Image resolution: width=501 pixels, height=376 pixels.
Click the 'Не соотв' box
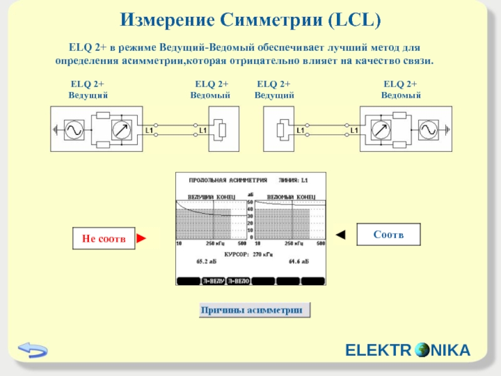103,239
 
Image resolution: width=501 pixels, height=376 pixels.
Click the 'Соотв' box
388,234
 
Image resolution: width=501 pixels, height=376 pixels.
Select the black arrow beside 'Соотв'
341,235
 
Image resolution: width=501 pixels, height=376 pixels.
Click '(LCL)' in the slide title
353,21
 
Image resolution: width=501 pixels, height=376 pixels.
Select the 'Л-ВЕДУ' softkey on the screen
213,281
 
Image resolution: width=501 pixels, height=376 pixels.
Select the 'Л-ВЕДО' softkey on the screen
238,281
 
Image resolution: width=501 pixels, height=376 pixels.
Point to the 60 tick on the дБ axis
250,202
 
